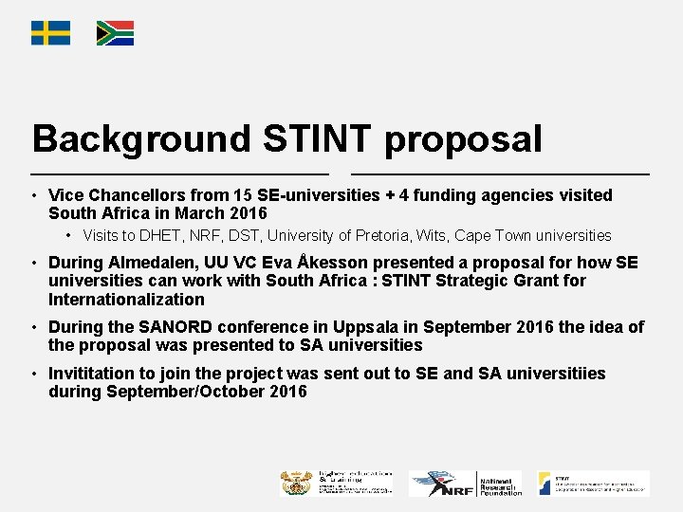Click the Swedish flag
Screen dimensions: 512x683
[x=50, y=33]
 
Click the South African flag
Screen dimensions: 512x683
[x=115, y=33]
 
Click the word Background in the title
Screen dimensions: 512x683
[x=139, y=138]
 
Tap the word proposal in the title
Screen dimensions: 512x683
[x=464, y=138]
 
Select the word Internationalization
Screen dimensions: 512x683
[x=126, y=300]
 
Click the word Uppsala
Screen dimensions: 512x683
[x=342, y=327]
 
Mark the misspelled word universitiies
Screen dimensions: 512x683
[x=555, y=373]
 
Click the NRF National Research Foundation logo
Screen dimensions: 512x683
[x=466, y=484]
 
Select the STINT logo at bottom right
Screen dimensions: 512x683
[x=591, y=483]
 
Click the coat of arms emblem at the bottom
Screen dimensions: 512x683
[x=296, y=483]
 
